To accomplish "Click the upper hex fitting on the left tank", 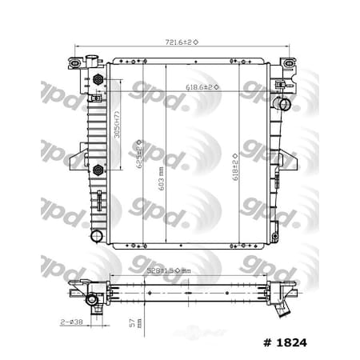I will (x=98, y=80).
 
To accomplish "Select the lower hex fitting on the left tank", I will (x=98, y=169).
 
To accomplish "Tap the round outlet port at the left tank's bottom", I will (x=97, y=236).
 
